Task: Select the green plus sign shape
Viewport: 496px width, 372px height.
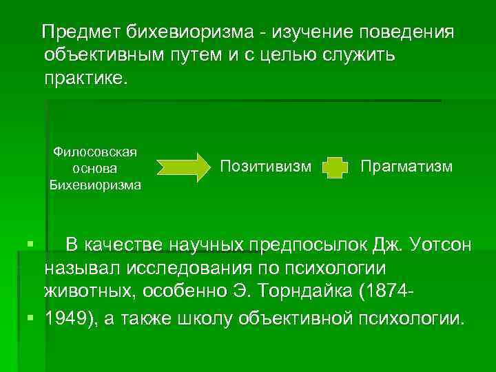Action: coord(333,167)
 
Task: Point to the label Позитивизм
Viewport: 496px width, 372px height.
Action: coord(265,166)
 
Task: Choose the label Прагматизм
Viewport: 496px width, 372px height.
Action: coord(406,166)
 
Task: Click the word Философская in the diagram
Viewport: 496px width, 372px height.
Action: coord(95,152)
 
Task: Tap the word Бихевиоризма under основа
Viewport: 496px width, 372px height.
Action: coord(95,184)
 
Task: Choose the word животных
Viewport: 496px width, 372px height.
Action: coord(90,290)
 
